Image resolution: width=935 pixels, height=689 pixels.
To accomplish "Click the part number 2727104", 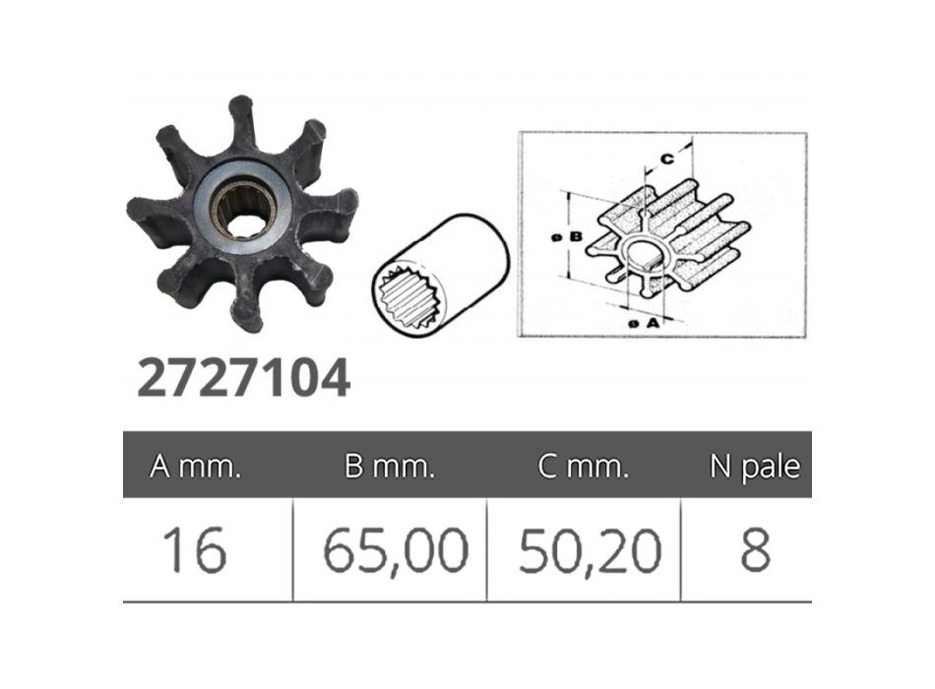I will click(243, 378).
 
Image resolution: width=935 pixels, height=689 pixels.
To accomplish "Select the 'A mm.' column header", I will click(195, 467).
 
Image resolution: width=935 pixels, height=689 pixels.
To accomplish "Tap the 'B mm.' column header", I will click(390, 467).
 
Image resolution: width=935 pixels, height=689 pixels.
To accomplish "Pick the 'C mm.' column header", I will click(584, 467).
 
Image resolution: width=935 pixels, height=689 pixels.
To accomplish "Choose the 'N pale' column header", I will click(754, 467).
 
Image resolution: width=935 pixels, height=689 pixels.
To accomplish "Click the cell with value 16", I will click(195, 550).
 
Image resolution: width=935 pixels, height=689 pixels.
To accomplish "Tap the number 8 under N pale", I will click(754, 550).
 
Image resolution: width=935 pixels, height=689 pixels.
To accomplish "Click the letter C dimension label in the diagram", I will click(665, 157).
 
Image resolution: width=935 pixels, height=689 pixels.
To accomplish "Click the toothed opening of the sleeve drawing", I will click(407, 299).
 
